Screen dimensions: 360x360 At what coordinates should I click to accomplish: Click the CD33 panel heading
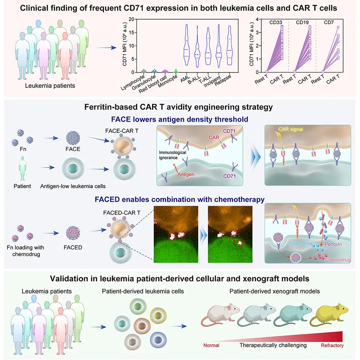276,22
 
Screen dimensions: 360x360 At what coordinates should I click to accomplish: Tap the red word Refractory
332,345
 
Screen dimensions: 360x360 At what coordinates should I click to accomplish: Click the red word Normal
211,345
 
